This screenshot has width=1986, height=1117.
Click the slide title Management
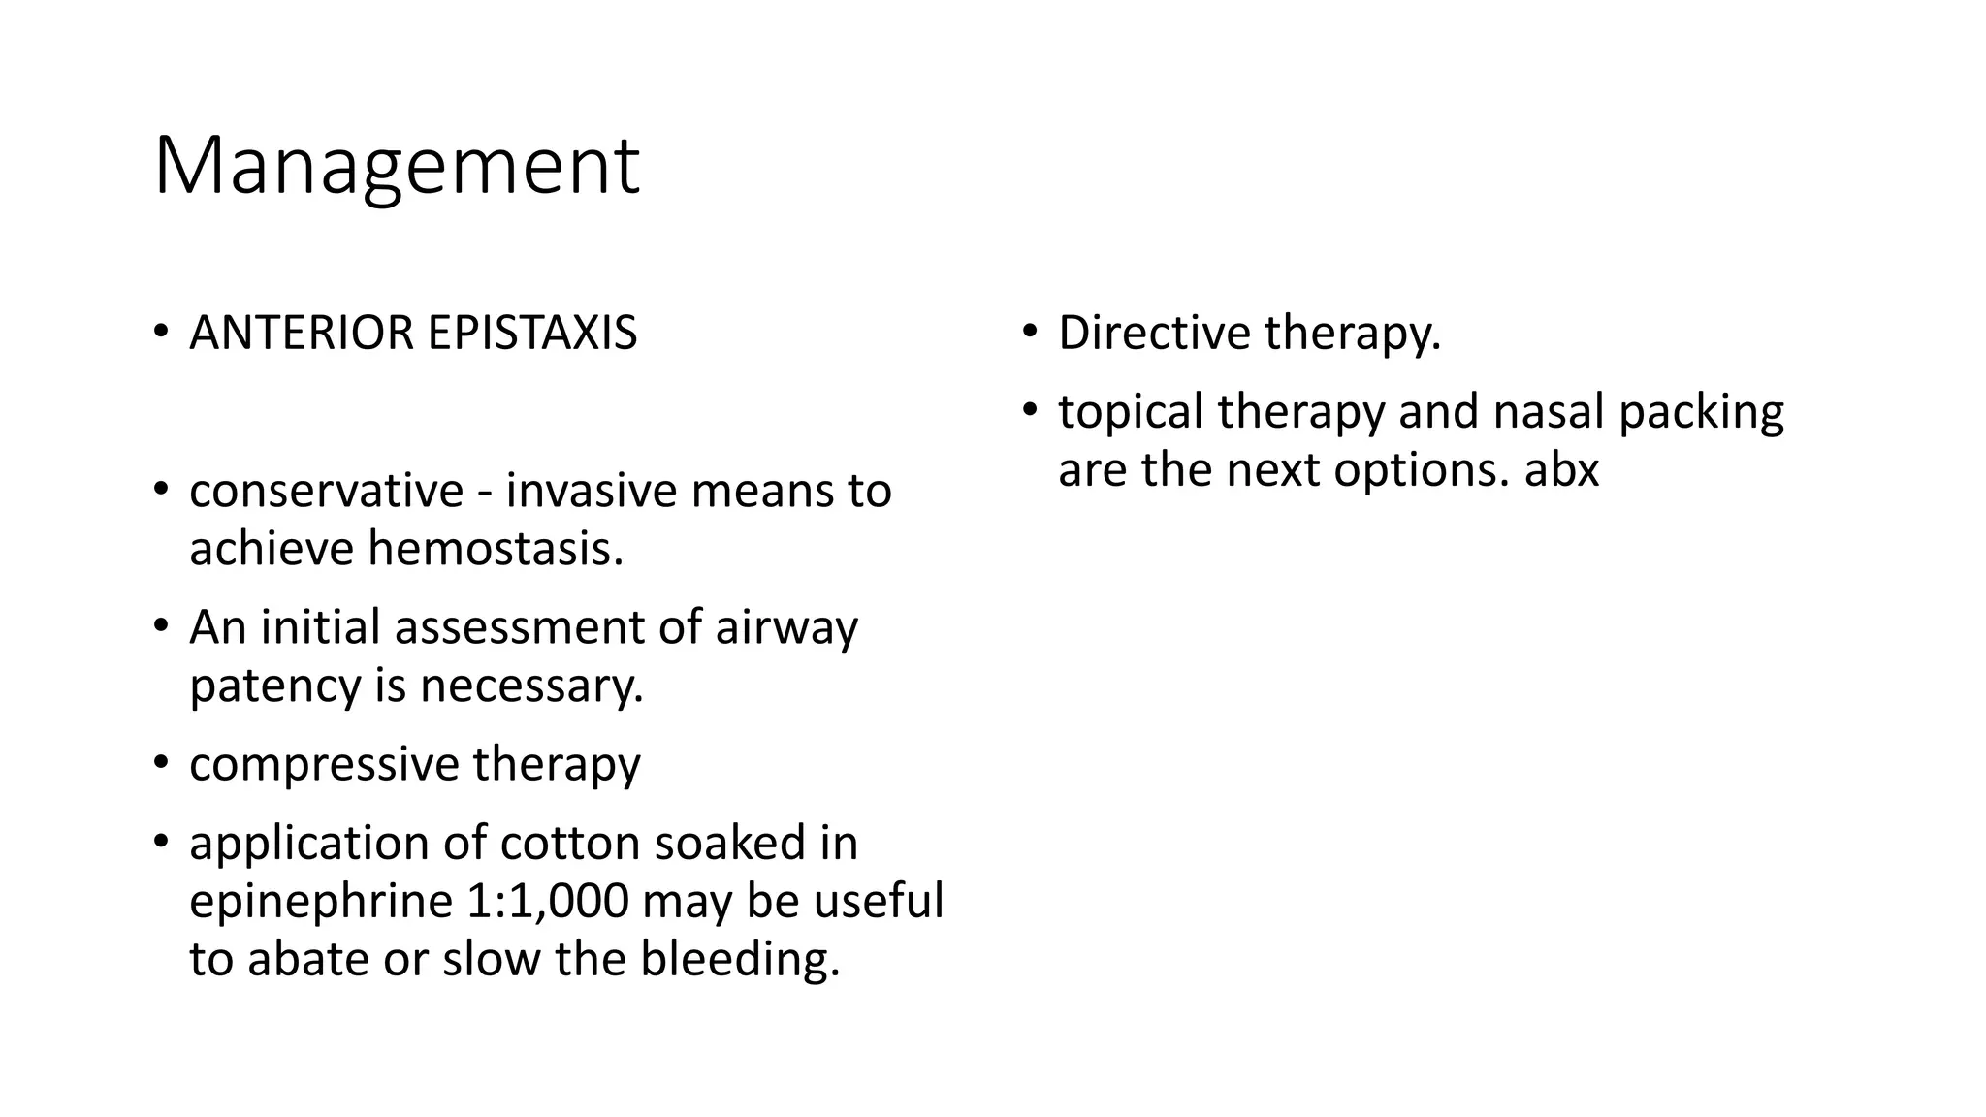pyautogui.click(x=396, y=167)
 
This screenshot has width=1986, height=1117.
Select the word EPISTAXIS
pyautogui.click(x=531, y=333)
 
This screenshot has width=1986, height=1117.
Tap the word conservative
pyautogui.click(x=327, y=491)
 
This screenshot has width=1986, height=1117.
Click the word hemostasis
pyautogui.click(x=495, y=549)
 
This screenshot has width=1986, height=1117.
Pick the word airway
pyautogui.click(x=786, y=627)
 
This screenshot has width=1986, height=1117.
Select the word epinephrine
pyautogui.click(x=321, y=902)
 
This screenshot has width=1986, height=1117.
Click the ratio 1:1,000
pyautogui.click(x=548, y=902)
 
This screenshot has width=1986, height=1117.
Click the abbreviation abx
pyautogui.click(x=1561, y=470)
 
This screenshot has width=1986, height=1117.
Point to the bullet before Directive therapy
pyautogui.click(x=1029, y=333)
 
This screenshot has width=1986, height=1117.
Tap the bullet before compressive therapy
pyautogui.click(x=161, y=763)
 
